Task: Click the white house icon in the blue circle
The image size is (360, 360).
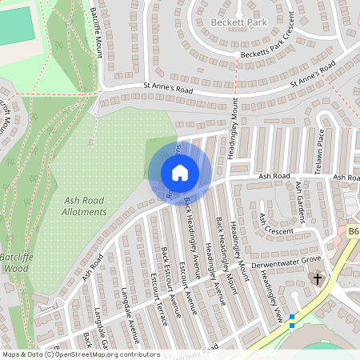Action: point(180,172)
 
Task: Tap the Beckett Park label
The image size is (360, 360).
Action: point(238,22)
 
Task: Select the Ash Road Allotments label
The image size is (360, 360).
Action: point(84,206)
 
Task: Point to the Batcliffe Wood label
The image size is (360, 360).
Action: point(18,263)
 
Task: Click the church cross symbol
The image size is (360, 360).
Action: point(318,279)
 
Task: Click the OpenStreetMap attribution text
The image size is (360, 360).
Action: point(80,354)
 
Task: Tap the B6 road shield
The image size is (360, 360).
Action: point(353,232)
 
